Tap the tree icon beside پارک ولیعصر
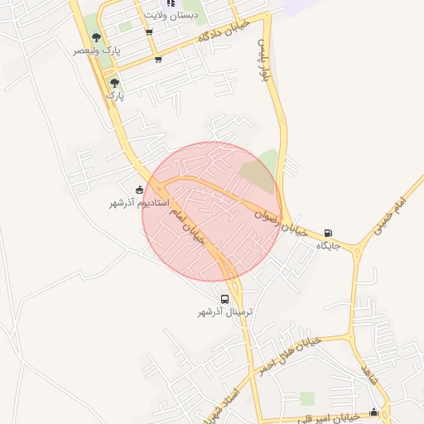[x=97, y=37]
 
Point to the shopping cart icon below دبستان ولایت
[x=149, y=32]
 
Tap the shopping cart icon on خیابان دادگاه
[x=158, y=59]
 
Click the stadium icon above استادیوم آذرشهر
[x=138, y=190]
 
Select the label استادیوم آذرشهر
[x=139, y=203]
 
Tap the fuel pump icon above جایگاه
[x=330, y=233]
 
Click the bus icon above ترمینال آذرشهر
[x=224, y=299]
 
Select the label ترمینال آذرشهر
[x=224, y=312]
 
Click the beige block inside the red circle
[x=257, y=176]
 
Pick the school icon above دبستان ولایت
[x=171, y=2]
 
